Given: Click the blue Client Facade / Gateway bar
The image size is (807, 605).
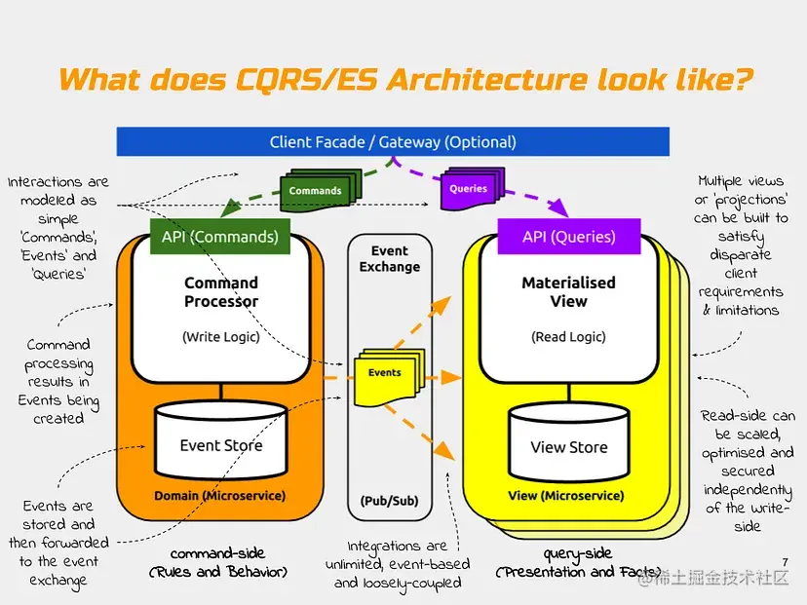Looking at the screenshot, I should [x=393, y=142].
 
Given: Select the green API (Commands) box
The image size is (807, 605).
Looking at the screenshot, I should [x=220, y=237].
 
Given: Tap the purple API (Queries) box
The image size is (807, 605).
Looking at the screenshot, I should [x=568, y=237].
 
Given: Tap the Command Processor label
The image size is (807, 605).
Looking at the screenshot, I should [x=221, y=292].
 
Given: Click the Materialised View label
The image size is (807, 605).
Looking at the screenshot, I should [x=568, y=292].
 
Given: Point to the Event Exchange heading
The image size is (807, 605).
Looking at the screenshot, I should [x=390, y=258].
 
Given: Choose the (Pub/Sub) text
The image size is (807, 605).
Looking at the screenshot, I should [x=389, y=501].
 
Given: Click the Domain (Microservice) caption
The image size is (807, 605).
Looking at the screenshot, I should [x=220, y=496].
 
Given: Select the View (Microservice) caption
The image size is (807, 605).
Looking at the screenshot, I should [x=566, y=496].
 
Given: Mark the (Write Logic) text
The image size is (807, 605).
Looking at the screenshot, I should [x=221, y=337].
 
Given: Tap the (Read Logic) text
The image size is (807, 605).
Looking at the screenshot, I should [x=568, y=337].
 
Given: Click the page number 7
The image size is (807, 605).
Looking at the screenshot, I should [x=785, y=562].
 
